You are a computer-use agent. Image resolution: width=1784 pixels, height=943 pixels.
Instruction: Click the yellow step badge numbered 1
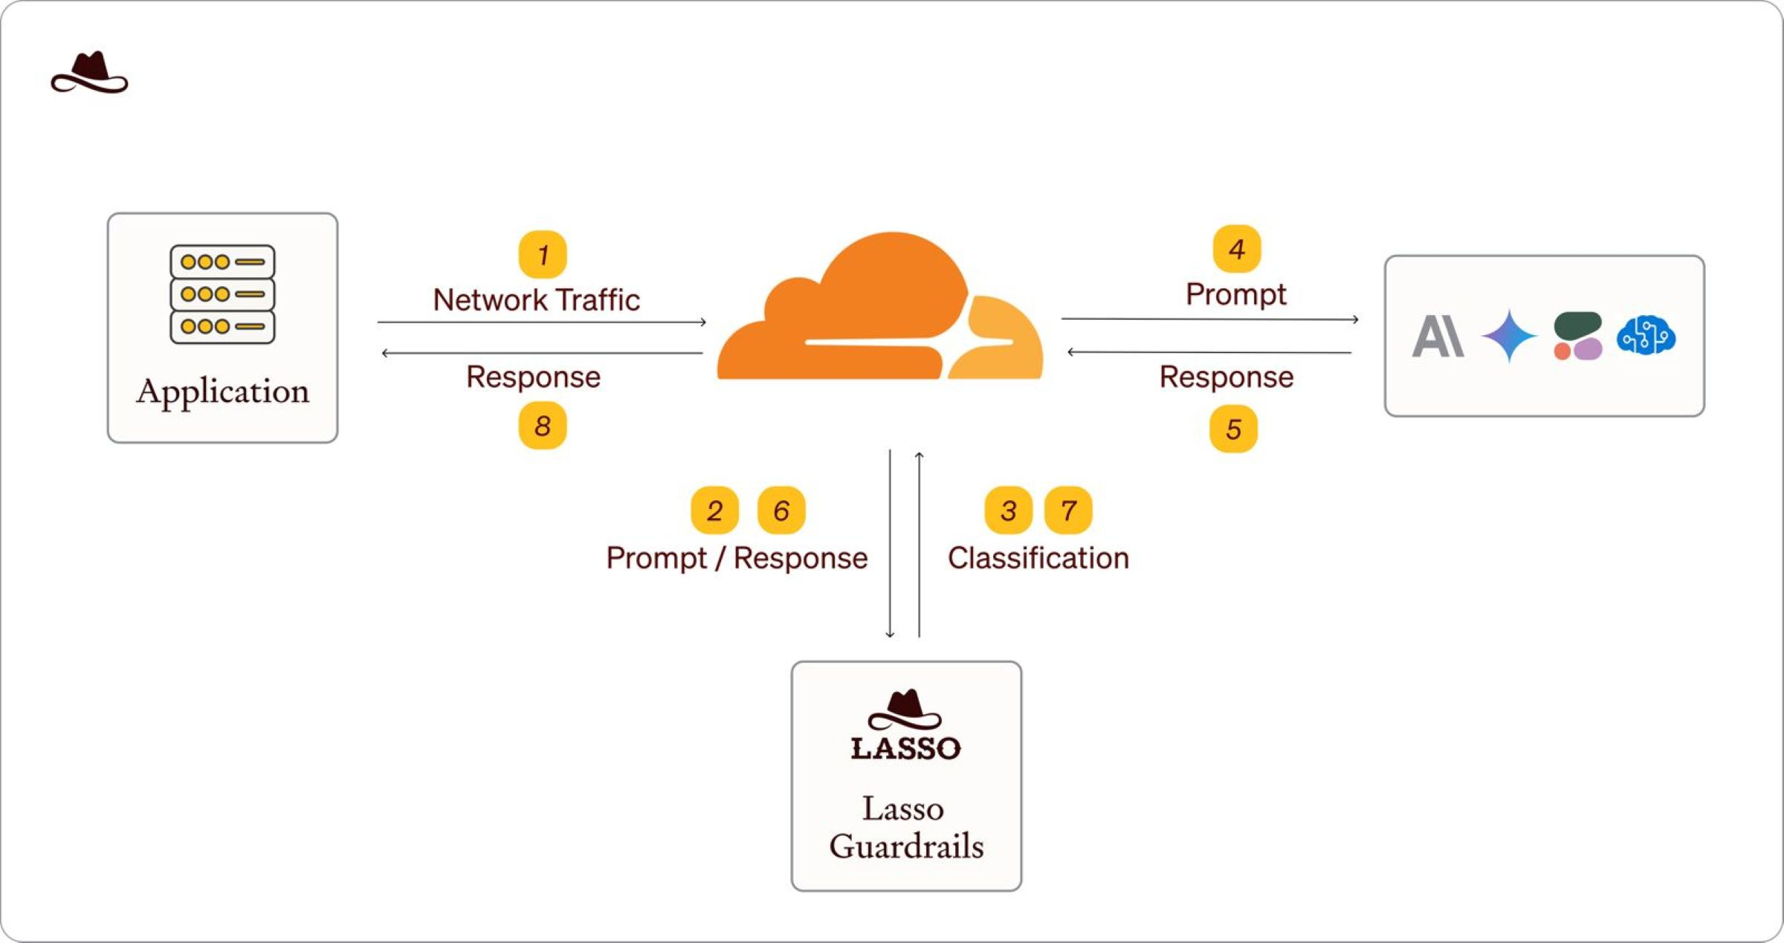(543, 254)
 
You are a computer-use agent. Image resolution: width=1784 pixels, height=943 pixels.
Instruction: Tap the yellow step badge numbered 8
(543, 426)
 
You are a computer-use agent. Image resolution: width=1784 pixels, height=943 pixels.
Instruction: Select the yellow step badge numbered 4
(1237, 249)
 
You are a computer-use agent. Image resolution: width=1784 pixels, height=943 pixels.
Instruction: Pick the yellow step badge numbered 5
(1234, 429)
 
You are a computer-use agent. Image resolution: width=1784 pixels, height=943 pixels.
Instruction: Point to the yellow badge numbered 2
(714, 511)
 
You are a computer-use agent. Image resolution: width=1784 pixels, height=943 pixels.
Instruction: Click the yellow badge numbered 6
(781, 511)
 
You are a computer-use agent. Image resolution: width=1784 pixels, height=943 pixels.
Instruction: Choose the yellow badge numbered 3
(1008, 511)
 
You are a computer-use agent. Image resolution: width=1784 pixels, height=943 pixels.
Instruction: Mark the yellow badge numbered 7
(1068, 511)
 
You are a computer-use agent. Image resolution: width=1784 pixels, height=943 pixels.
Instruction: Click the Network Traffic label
(536, 300)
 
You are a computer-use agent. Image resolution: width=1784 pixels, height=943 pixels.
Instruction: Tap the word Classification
(1038, 558)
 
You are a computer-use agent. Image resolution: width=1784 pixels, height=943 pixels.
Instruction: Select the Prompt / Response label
(737, 558)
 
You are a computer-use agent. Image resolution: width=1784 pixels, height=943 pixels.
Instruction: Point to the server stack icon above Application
(222, 294)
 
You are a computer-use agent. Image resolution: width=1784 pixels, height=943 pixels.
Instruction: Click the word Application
(222, 391)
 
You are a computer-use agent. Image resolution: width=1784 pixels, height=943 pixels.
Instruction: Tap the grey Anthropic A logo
(1438, 337)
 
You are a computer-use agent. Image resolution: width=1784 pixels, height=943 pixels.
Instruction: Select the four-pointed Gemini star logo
(1509, 336)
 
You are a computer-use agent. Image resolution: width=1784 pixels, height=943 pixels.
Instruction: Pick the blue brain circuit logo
(1646, 336)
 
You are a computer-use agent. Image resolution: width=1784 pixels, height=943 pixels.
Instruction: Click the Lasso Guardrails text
(906, 827)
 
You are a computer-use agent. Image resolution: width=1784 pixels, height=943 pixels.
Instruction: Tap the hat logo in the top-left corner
(89, 73)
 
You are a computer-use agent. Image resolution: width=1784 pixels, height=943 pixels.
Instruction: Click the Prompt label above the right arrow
(1235, 294)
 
